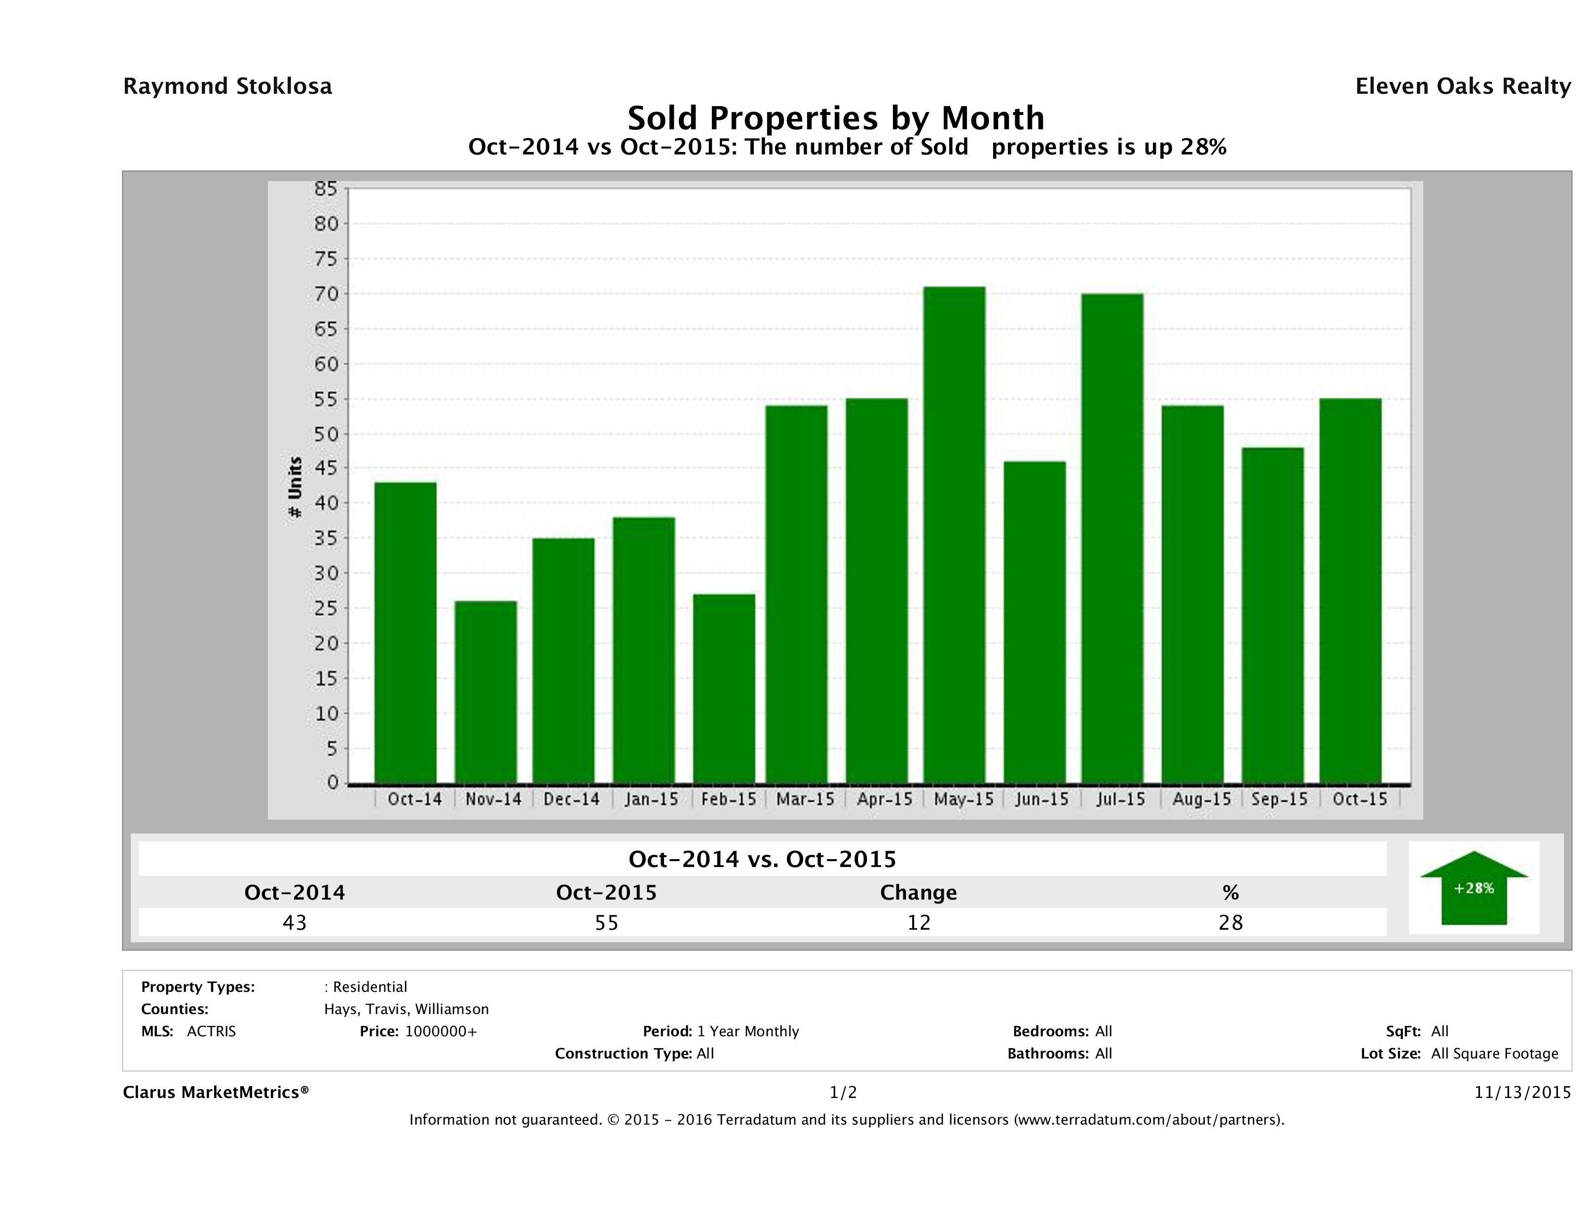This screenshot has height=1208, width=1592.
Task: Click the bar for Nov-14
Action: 486,692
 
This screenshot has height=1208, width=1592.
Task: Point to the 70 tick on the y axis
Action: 325,294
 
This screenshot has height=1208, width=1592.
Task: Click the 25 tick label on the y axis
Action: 325,608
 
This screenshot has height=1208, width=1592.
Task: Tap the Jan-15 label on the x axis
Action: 651,799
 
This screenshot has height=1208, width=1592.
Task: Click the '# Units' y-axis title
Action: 295,488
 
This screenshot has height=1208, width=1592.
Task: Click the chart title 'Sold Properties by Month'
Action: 836,118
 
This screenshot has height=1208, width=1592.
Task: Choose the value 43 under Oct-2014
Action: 295,922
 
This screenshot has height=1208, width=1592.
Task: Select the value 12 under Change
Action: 919,922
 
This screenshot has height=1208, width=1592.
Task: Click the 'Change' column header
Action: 919,893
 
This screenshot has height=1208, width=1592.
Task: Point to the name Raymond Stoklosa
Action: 227,86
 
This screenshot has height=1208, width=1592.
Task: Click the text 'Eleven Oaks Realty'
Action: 1462,86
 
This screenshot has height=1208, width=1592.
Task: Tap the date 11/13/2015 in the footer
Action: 1522,1092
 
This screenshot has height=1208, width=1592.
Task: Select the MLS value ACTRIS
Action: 211,1031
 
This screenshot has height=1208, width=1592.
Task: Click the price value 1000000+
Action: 441,1031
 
